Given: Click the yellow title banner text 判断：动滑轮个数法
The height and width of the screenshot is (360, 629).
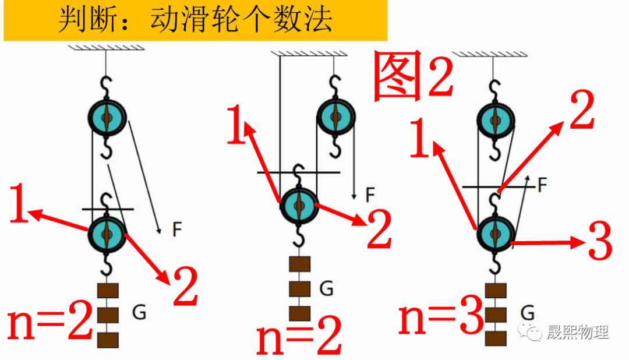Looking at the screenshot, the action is click(195, 20).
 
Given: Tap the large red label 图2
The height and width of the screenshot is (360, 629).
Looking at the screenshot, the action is click(412, 76).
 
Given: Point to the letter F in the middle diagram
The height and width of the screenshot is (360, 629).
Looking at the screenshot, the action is click(370, 195).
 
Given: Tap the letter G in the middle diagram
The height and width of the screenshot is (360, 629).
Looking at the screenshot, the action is click(326, 288).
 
